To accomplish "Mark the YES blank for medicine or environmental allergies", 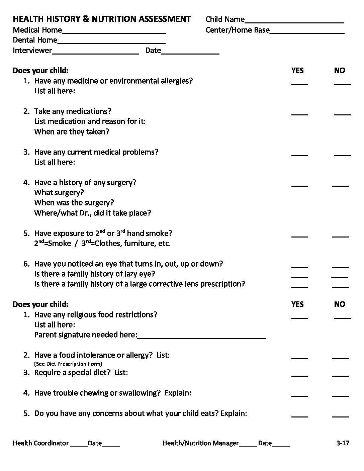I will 299,83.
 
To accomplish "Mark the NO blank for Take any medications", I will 342,114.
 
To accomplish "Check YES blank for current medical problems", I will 299,155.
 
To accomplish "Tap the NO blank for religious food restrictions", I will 342,317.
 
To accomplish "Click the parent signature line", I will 202,337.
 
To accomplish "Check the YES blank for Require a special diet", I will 299,375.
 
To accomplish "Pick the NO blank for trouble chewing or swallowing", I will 340,395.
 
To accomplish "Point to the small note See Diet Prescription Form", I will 68,364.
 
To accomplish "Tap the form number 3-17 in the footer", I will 343,443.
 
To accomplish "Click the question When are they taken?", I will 72,132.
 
